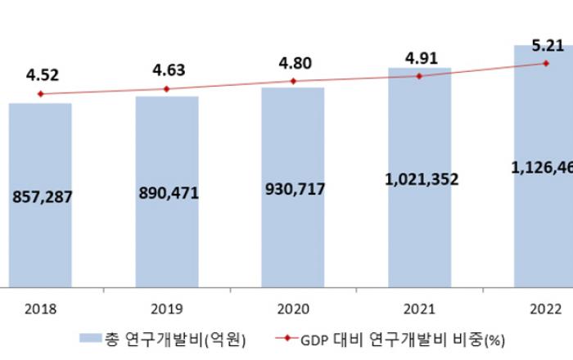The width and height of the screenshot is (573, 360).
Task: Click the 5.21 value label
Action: (x=546, y=46)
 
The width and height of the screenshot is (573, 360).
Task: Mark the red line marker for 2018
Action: (x=40, y=94)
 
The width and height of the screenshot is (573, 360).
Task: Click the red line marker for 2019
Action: (x=167, y=88)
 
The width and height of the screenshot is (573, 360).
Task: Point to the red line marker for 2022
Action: (x=546, y=63)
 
